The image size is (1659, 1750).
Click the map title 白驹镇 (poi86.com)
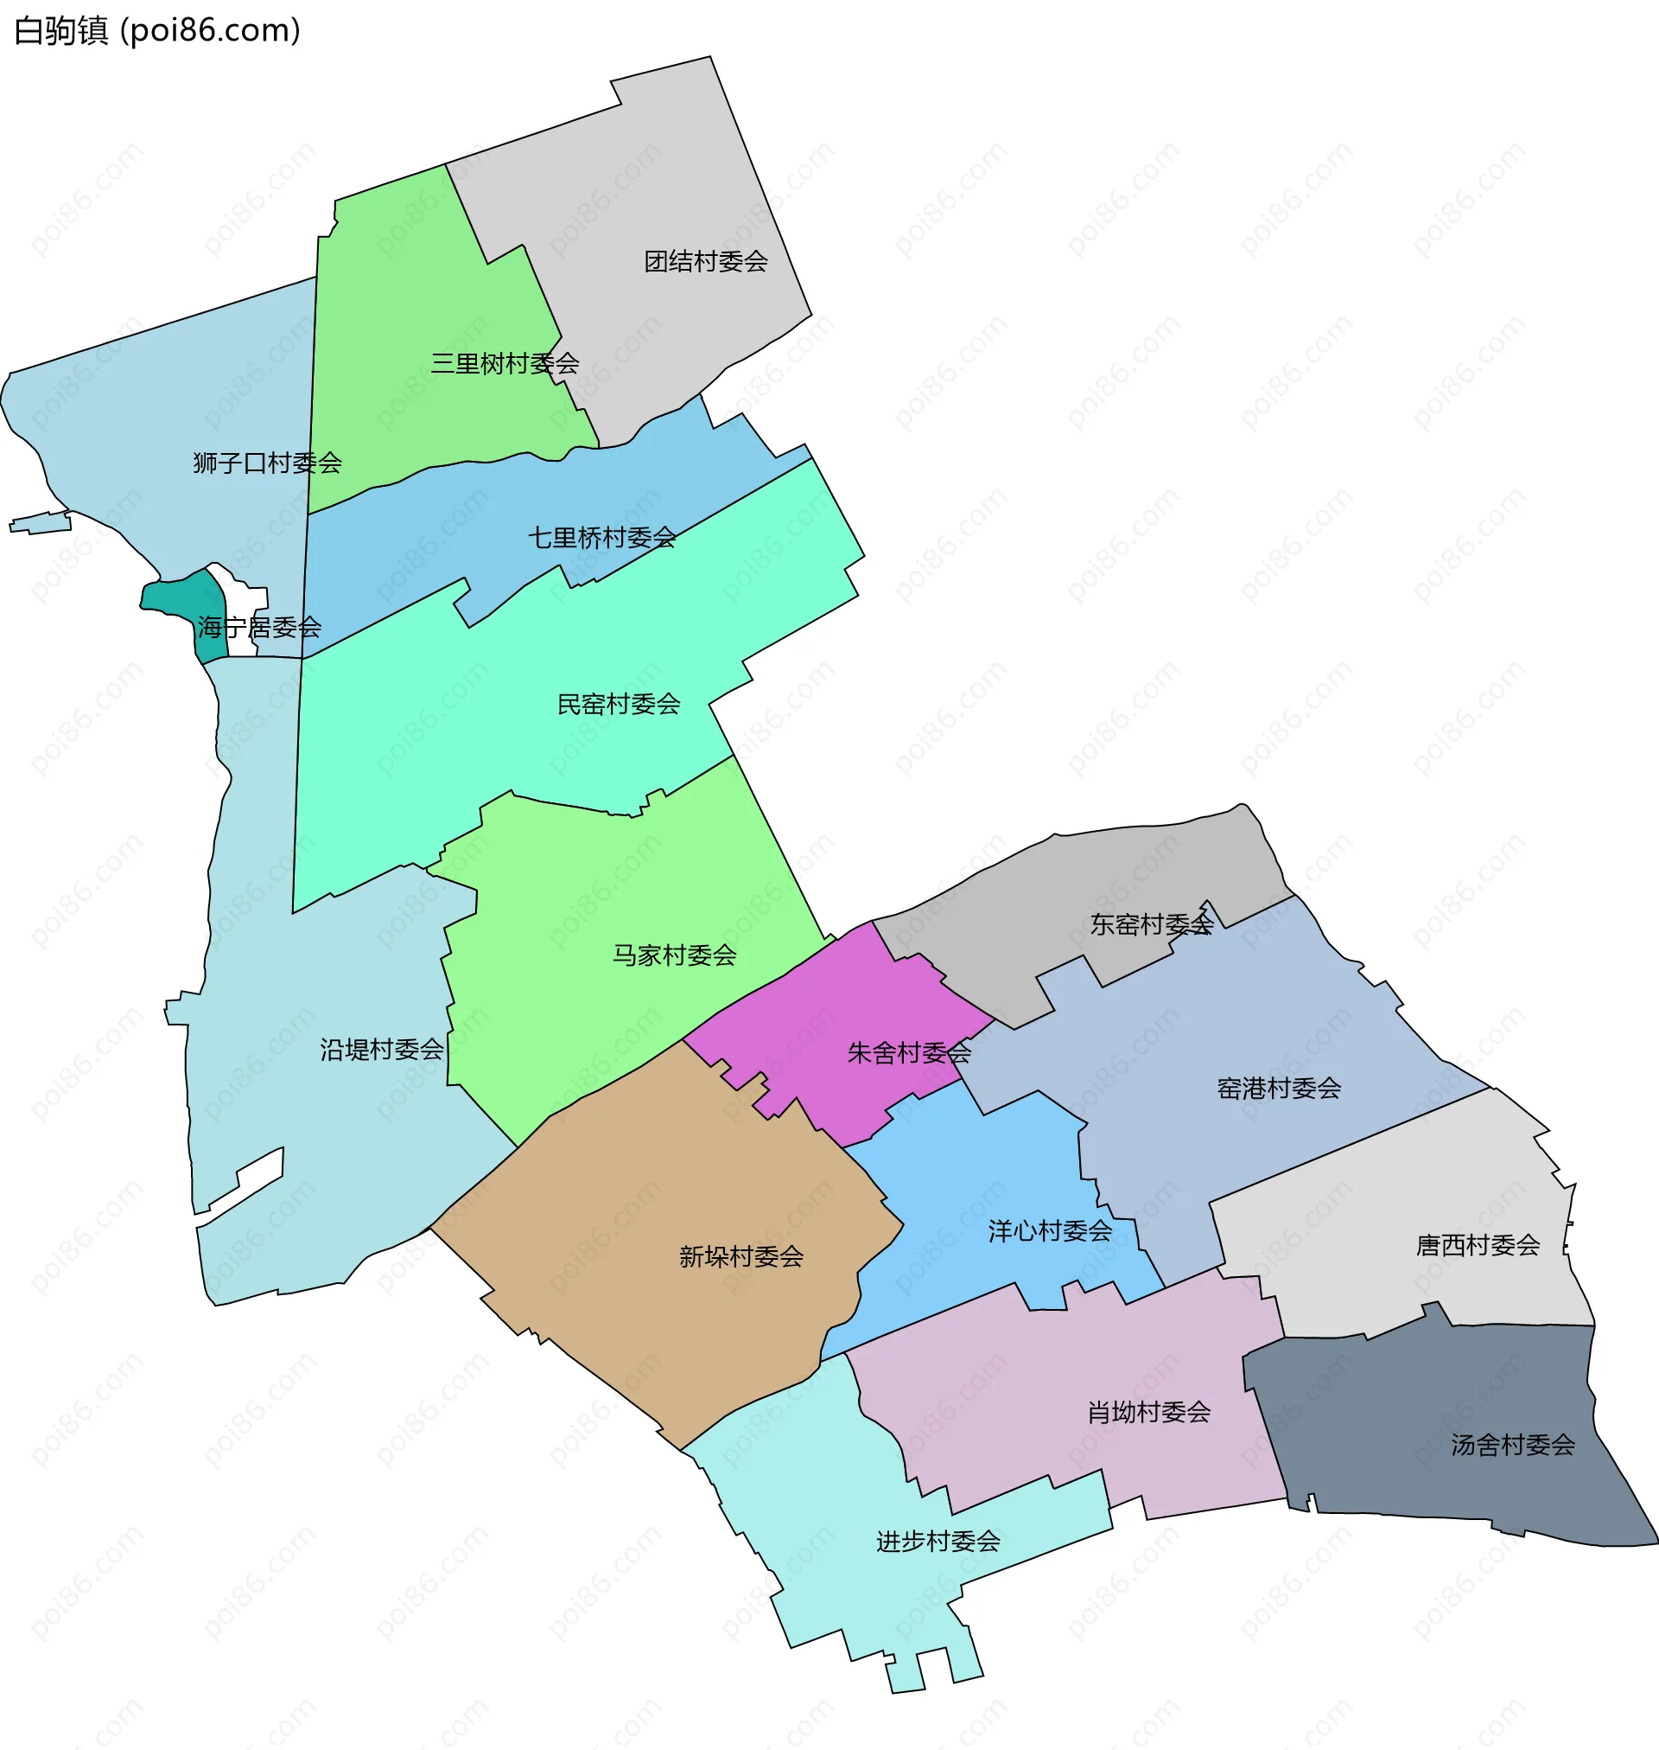157,31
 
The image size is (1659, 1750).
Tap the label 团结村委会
706,262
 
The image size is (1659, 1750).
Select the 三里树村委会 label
504,364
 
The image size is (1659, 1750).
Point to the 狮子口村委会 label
267,463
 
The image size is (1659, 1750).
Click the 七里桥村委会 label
601,538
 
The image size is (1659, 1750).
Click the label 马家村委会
674,955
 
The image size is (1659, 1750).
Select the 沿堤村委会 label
381,1051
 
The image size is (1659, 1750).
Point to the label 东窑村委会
1151,924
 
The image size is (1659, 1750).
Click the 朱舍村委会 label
908,1053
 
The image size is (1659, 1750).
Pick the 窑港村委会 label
1278,1089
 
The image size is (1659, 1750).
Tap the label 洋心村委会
1050,1230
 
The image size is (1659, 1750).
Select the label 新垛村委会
741,1256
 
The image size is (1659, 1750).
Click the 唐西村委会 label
1477,1246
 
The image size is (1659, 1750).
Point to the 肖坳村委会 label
1147,1412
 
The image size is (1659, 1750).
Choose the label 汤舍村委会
1512,1445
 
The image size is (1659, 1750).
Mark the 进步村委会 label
938,1542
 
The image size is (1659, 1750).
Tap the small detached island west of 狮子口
41,524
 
